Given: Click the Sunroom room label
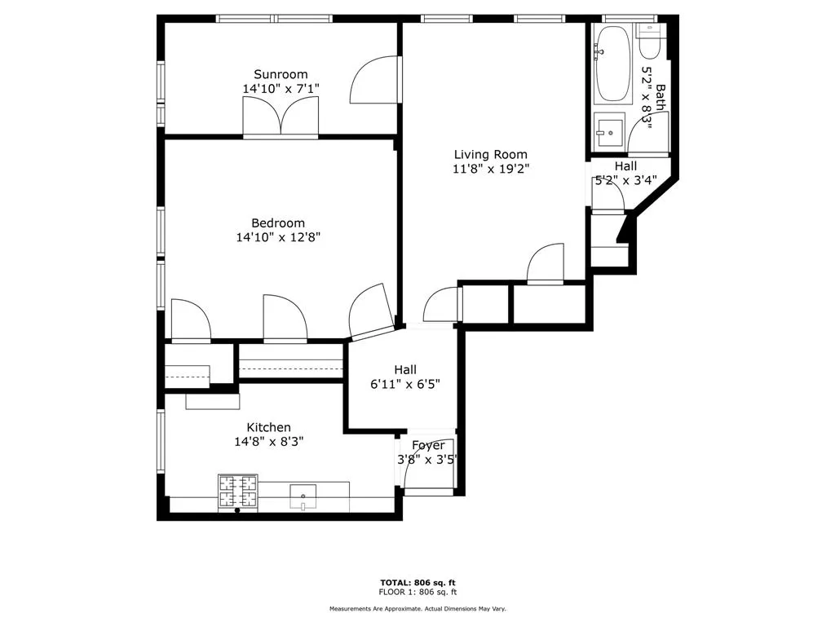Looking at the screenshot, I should pyautogui.click(x=280, y=74).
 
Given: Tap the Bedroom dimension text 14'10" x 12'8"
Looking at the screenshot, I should pyautogui.click(x=278, y=237).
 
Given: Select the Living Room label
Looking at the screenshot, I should pyautogui.click(x=490, y=154).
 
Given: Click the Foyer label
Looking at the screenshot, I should pyautogui.click(x=428, y=445).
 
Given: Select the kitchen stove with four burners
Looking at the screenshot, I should pyautogui.click(x=237, y=492).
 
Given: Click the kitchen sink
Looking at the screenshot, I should pyautogui.click(x=303, y=494).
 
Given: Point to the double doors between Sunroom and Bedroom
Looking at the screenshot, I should pyautogui.click(x=281, y=117).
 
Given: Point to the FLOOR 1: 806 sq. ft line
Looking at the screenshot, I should pyautogui.click(x=417, y=592).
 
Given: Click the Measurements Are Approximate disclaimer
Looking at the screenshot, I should pyautogui.click(x=417, y=609).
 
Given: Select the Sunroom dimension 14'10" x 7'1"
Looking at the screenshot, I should pyautogui.click(x=280, y=88).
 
